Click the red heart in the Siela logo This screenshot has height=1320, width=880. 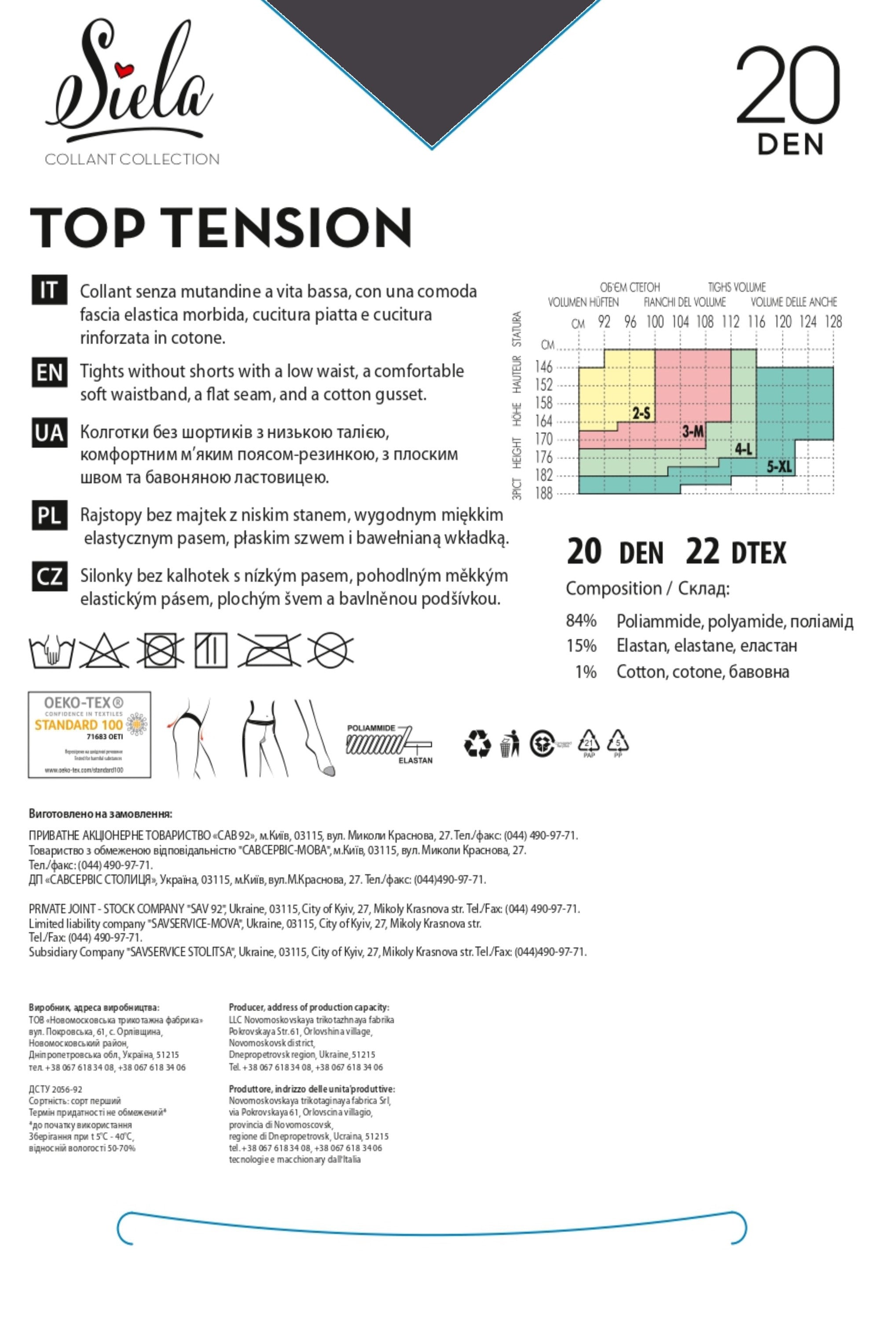[124, 70]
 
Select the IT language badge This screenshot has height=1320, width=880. [49, 290]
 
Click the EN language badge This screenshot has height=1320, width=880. [49, 373]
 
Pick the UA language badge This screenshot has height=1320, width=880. [49, 433]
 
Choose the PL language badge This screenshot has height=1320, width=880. [49, 515]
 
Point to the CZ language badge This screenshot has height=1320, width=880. [49, 576]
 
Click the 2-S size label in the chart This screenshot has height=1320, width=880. [641, 414]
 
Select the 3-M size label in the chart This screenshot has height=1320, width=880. [693, 432]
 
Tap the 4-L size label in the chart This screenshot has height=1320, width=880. [744, 449]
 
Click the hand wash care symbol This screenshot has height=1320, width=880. [51, 651]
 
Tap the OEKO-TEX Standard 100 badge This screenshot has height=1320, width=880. [90, 735]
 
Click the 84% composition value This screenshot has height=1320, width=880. [581, 621]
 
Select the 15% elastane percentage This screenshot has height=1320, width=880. [581, 645]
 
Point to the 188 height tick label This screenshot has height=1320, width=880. [544, 494]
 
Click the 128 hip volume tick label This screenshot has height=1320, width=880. [833, 322]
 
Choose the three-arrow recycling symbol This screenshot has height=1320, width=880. [477, 744]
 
